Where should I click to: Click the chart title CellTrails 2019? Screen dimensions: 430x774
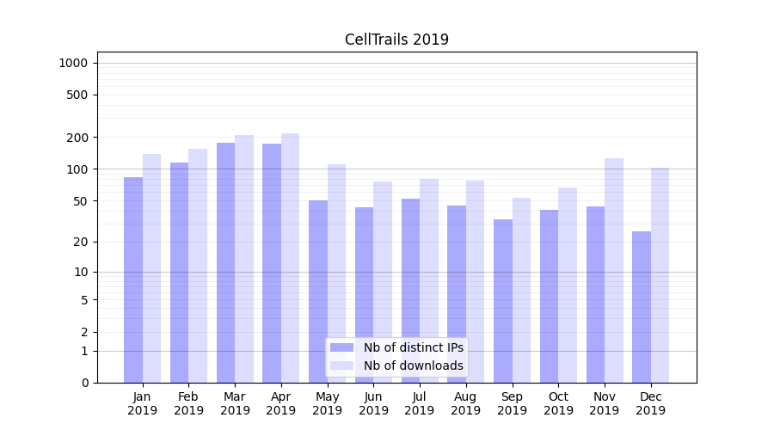click(x=396, y=40)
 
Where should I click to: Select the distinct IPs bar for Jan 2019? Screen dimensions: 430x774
click(x=133, y=279)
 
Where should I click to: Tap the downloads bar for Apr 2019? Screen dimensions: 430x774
click(x=290, y=258)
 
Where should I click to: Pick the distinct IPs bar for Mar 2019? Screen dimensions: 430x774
click(x=225, y=262)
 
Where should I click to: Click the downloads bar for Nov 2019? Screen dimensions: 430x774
click(x=613, y=270)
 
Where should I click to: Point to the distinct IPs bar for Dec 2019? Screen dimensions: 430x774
click(x=642, y=307)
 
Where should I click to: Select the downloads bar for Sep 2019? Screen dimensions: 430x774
click(x=521, y=290)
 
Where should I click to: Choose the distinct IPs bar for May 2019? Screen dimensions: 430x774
click(x=318, y=292)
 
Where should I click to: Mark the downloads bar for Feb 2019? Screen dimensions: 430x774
click(x=198, y=266)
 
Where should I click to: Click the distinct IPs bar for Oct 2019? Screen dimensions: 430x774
click(x=549, y=296)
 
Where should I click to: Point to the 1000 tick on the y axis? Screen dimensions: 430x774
click(x=73, y=63)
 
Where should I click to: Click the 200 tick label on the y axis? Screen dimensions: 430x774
click(x=78, y=138)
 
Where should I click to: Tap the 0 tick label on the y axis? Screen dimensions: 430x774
click(x=85, y=383)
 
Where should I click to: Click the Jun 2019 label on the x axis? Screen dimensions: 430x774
click(x=373, y=403)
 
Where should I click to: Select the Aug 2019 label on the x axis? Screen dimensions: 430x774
click(x=465, y=403)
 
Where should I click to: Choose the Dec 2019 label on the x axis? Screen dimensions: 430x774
click(x=650, y=403)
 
